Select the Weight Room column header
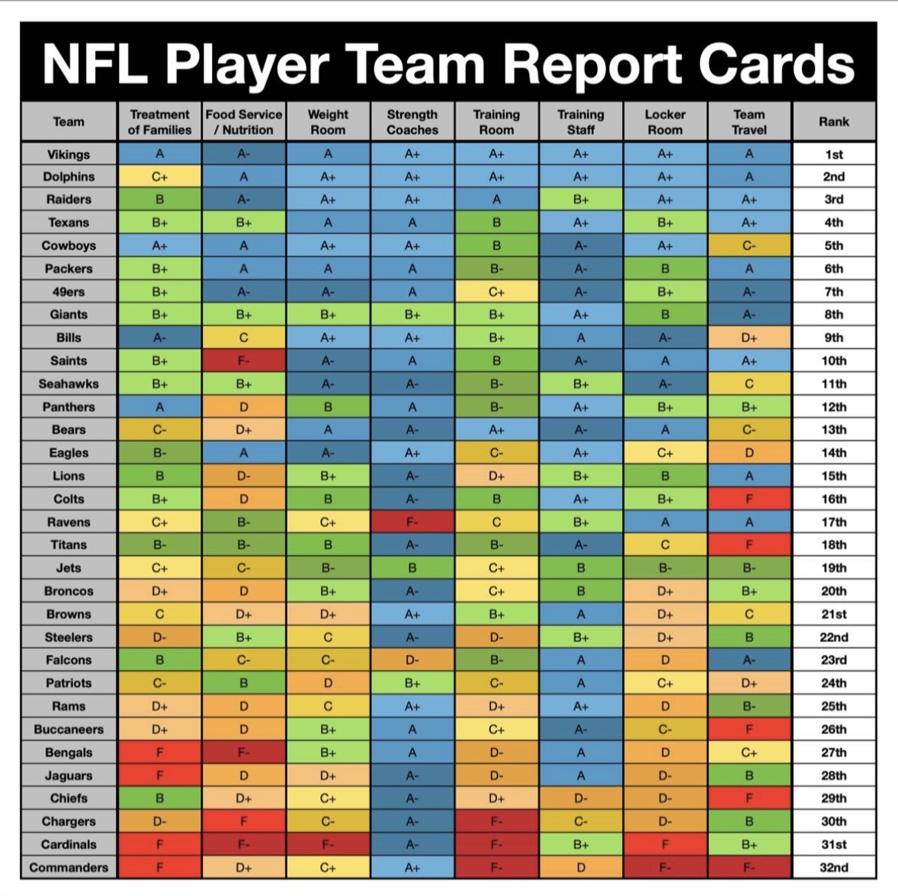[x=328, y=122]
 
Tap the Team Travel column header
[x=749, y=122]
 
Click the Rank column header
[x=833, y=122]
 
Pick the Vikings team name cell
[x=69, y=154]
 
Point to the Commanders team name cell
[x=69, y=868]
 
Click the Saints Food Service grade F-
[x=244, y=361]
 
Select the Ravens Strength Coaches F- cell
[x=412, y=522]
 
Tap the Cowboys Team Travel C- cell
[x=749, y=246]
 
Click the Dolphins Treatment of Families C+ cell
[x=159, y=177]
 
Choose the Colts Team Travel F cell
[x=749, y=499]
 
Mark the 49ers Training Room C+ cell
[x=496, y=292]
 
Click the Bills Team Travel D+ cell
[x=749, y=338]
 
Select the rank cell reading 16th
[x=833, y=499]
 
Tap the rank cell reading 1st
[x=833, y=154]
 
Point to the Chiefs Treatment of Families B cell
[x=159, y=798]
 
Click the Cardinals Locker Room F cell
[x=665, y=845]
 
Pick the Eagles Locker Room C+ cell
[x=665, y=453]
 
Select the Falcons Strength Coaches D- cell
[x=412, y=660]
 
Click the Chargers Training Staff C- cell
[x=581, y=821]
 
